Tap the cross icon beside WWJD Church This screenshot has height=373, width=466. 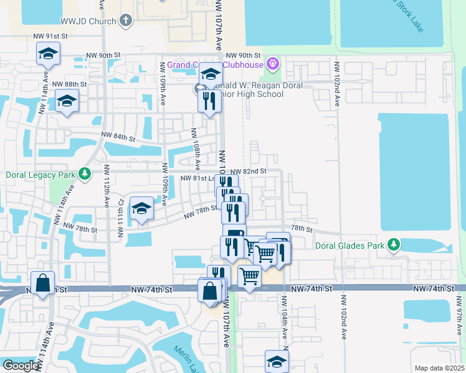click(x=125, y=21)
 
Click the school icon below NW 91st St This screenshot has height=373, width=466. click(x=47, y=54)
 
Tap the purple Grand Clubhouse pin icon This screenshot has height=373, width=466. click(x=272, y=64)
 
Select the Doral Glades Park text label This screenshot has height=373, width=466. click(x=350, y=246)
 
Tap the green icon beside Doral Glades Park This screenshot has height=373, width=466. click(x=393, y=246)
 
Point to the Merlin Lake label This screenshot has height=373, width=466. click(x=186, y=358)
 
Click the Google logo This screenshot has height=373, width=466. click(x=21, y=366)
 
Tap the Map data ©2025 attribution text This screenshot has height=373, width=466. click(x=439, y=368)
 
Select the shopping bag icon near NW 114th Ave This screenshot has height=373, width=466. click(x=42, y=284)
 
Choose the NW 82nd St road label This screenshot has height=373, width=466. click(x=248, y=171)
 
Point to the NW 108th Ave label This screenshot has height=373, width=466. click(x=196, y=150)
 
